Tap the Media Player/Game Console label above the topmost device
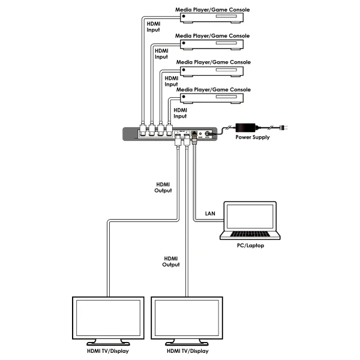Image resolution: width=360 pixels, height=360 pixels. coord(212,10)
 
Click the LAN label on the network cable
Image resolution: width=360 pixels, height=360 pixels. coord(210,213)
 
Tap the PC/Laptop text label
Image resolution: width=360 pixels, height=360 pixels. coord(251,245)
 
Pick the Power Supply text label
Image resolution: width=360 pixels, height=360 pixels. coord(252,137)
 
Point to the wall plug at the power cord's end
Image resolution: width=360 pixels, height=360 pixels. coord(286,128)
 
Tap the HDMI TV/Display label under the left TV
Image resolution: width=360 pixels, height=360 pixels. coord(108,351)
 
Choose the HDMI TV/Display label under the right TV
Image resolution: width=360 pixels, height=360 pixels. coord(188,351)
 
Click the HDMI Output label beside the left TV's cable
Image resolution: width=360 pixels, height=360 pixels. coord(163,187)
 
